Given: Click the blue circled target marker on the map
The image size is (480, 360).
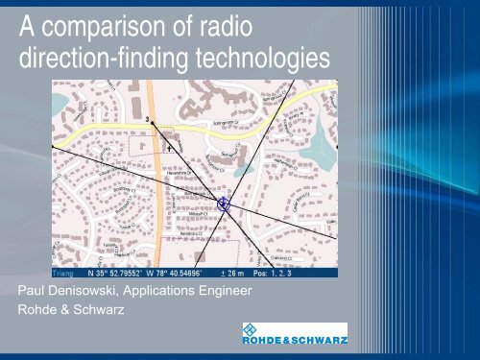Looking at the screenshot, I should [223, 204].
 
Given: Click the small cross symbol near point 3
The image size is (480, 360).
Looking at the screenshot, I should [170, 149].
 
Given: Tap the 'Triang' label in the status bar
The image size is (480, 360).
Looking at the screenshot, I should [64, 272].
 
